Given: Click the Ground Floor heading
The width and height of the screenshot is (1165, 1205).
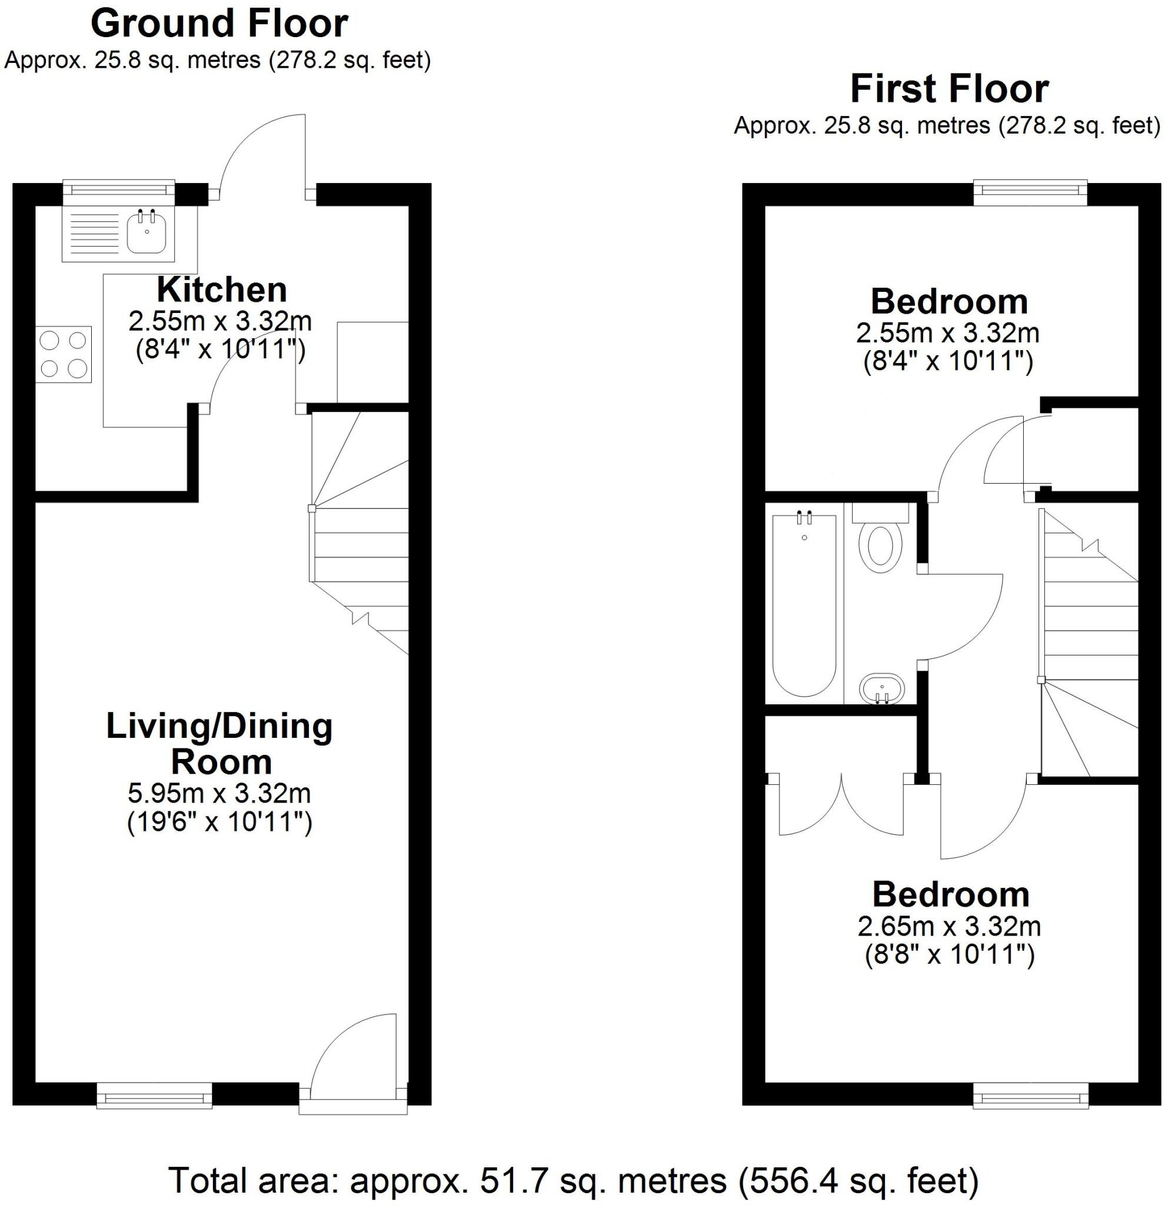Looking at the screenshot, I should coord(219,25).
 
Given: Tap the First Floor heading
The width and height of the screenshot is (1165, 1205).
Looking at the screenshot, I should coord(948,90).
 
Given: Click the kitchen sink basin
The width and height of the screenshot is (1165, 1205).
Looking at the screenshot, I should coord(147,232).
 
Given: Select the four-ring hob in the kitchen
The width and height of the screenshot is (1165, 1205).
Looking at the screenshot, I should coord(64,354).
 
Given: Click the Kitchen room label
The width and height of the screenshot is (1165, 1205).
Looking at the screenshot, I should coord(221,290).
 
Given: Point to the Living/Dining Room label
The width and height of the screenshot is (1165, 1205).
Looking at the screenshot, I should coord(220,744).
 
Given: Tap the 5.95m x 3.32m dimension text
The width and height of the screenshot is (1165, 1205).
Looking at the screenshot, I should coord(219,794).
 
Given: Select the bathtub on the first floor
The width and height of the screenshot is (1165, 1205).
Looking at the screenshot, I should coord(804,605).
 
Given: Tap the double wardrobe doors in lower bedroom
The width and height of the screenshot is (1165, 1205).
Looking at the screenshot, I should coord(841,807).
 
